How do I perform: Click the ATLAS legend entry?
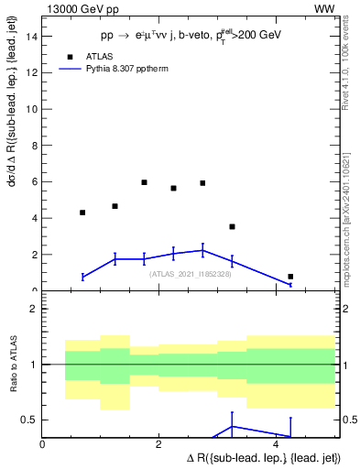pyautogui.click(x=112, y=56)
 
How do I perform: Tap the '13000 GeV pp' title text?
pyautogui.click(x=81, y=8)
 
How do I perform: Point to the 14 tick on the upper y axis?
pyautogui.click(x=32, y=37)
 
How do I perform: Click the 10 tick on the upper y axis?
pyautogui.click(x=32, y=109)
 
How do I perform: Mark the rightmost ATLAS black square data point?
pyautogui.click(x=290, y=276)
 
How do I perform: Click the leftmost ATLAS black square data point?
pyautogui.click(x=82, y=213)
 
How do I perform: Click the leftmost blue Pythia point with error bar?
pyautogui.click(x=82, y=276)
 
